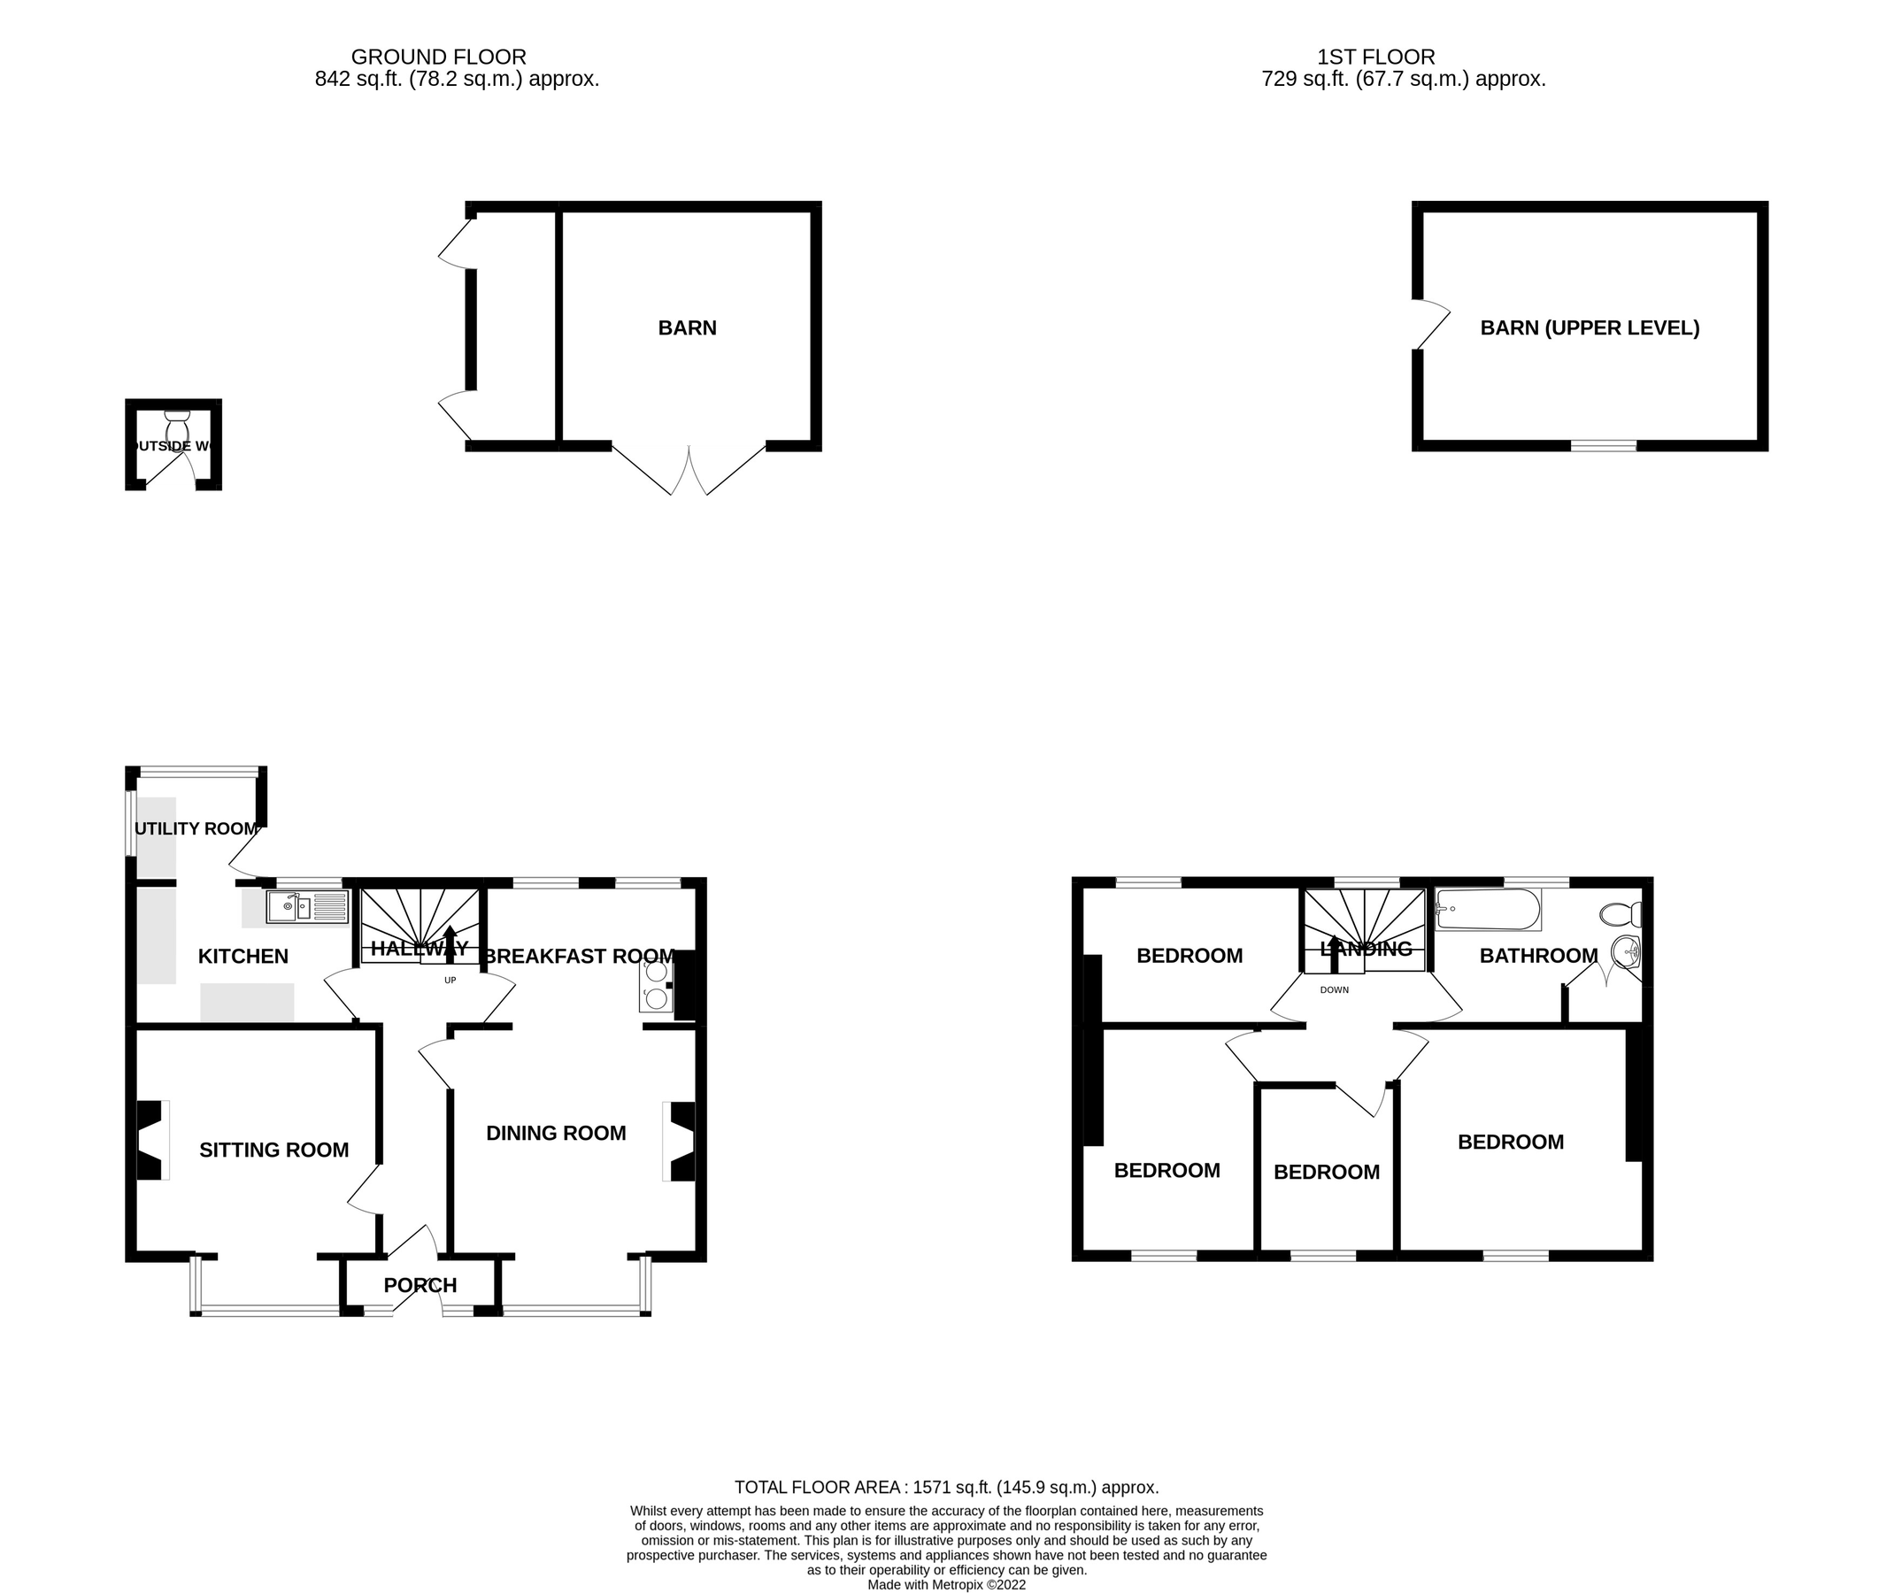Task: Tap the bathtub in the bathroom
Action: (x=1488, y=910)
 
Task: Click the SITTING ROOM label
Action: (x=273, y=1150)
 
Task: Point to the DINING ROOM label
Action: (x=556, y=1134)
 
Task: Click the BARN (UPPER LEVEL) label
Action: (x=1589, y=327)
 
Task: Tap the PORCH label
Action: (x=420, y=1285)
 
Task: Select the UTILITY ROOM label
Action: (x=196, y=829)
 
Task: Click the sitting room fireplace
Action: (x=150, y=1140)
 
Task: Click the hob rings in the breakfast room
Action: (x=656, y=985)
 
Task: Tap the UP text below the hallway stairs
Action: (x=450, y=981)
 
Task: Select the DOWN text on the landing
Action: (x=1334, y=989)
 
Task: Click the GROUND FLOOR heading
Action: (x=438, y=57)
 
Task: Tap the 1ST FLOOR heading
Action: (x=1375, y=57)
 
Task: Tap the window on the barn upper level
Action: (x=1603, y=446)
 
